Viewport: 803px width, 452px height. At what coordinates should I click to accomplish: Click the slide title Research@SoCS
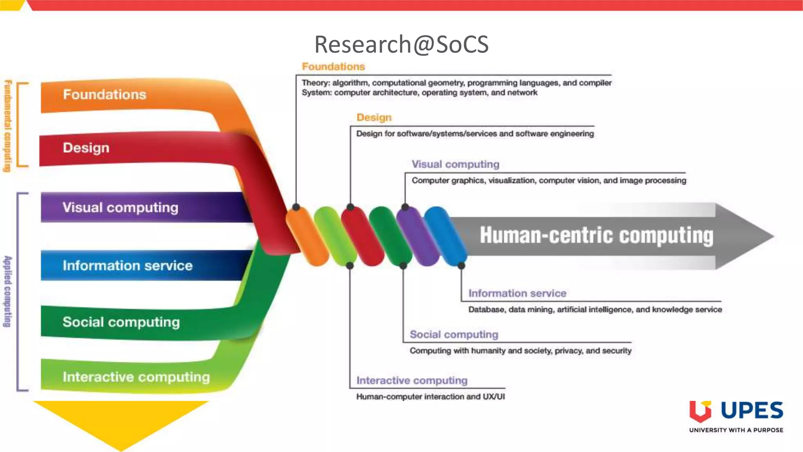(401, 44)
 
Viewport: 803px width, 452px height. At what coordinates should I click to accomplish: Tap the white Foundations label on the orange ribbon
(104, 95)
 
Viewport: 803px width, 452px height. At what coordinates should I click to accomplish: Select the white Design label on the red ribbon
(86, 148)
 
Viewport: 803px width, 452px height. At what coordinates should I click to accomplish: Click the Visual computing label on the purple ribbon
(120, 208)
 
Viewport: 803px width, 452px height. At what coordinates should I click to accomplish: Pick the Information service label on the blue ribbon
(127, 266)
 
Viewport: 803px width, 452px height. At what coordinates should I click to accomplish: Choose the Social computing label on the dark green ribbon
(121, 322)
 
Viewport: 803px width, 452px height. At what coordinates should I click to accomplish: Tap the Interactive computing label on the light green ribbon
(136, 377)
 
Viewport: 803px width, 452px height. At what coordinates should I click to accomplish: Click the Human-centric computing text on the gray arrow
(596, 235)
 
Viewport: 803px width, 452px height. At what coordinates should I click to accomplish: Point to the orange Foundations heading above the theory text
(333, 67)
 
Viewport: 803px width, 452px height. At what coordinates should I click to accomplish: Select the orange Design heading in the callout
(374, 117)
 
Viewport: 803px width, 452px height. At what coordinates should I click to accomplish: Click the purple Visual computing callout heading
(455, 164)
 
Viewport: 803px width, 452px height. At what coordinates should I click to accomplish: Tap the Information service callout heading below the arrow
(517, 293)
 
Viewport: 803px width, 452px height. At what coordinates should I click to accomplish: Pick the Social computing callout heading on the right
(454, 334)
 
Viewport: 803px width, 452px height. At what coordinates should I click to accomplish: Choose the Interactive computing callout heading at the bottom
(412, 380)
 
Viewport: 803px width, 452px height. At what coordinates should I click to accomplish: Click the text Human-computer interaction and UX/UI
(430, 397)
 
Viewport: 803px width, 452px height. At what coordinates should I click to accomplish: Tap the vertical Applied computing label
(7, 291)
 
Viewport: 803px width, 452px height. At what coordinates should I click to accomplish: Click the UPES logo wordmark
(751, 410)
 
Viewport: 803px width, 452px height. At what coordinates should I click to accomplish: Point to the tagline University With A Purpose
(736, 430)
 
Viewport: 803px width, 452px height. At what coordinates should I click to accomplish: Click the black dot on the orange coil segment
(296, 207)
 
